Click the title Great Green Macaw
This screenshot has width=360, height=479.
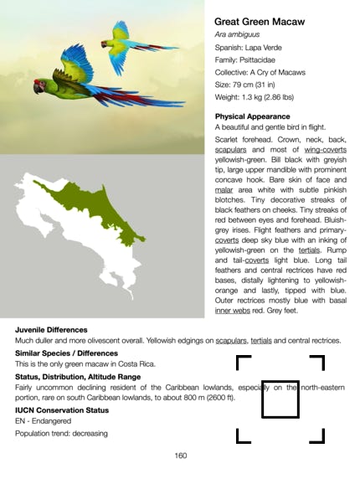[259, 21]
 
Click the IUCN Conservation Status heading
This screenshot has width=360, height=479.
[61, 410]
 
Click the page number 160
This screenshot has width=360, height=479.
[180, 456]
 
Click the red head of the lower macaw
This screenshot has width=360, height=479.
[39, 85]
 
